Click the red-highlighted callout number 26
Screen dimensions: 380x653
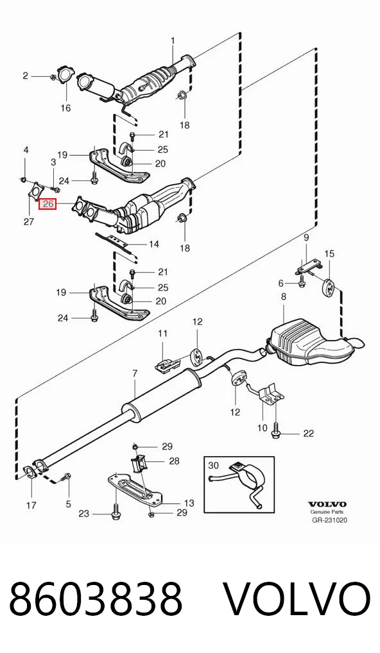(47, 203)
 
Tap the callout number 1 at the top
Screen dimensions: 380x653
(173, 41)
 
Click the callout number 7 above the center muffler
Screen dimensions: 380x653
(135, 373)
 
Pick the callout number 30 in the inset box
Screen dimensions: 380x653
(213, 465)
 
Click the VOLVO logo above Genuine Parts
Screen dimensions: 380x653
(327, 504)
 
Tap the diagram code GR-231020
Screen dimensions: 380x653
(329, 520)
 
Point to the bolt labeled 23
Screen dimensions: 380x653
(116, 513)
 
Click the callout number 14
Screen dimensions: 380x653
(154, 244)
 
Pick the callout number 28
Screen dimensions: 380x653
(174, 461)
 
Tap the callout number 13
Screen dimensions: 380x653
(189, 503)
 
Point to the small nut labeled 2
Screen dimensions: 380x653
(53, 77)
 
